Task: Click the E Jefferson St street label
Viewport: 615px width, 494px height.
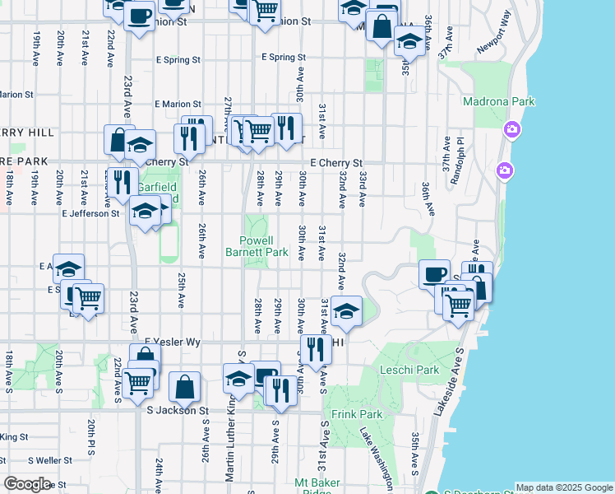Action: [90, 213]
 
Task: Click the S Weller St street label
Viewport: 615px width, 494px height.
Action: [52, 460]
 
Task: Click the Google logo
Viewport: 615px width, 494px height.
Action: [27, 484]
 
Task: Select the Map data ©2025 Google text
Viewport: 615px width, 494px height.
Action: [564, 487]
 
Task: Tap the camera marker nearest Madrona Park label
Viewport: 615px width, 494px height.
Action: [512, 129]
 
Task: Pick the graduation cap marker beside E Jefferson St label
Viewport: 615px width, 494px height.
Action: [145, 212]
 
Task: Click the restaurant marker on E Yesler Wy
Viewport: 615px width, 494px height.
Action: [316, 349]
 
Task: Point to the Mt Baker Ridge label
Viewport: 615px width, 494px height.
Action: [312, 487]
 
